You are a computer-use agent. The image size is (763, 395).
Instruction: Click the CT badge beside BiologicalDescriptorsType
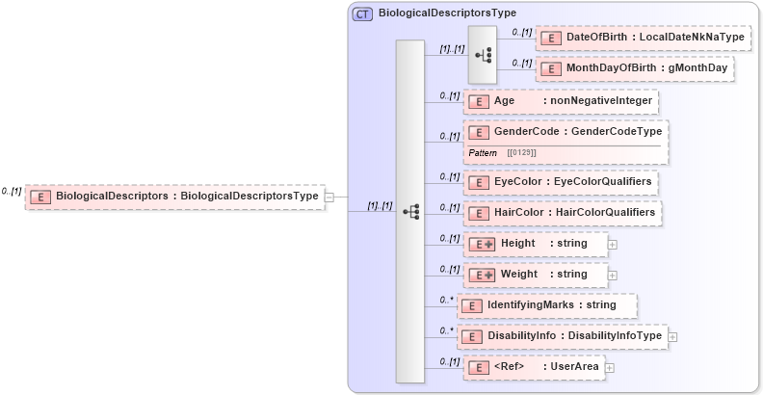tap(363, 13)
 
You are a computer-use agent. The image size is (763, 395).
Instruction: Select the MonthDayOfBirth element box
tap(635, 68)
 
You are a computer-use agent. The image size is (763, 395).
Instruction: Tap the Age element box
tap(561, 100)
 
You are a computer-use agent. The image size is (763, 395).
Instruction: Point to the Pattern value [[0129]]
tap(521, 153)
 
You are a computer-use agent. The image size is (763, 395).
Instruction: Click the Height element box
tap(536, 244)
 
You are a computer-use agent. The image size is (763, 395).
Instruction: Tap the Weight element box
tap(536, 275)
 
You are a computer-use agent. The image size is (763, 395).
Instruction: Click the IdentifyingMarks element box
tap(547, 305)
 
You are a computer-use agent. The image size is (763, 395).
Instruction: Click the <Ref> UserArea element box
tap(534, 367)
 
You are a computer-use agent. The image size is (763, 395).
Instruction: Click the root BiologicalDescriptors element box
tap(174, 197)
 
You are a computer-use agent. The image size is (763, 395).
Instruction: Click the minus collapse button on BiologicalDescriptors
tap(329, 197)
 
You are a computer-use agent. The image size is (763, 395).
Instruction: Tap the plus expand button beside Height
tap(613, 245)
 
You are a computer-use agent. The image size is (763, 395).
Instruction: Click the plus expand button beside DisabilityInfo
tap(672, 336)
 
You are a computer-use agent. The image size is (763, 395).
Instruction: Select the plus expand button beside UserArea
tap(610, 368)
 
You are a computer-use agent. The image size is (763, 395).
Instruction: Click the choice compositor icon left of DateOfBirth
tap(482, 55)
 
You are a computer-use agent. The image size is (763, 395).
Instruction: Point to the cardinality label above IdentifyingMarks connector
tap(447, 300)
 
